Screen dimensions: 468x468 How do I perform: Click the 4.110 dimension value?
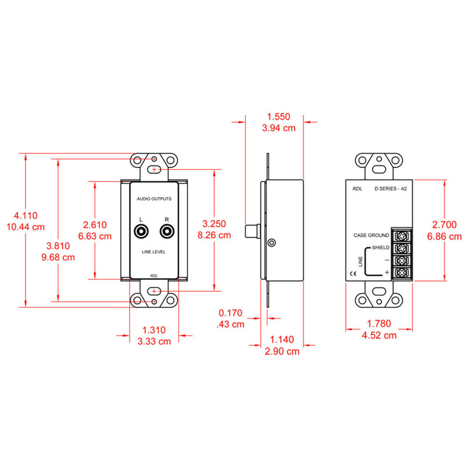click(25, 216)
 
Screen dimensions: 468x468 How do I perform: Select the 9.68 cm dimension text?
click(58, 257)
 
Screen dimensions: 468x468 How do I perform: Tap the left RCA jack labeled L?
click(141, 231)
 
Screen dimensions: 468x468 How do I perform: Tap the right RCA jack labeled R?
click(167, 231)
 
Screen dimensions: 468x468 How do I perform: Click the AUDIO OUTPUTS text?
click(154, 199)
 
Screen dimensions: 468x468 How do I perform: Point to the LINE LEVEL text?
click(154, 252)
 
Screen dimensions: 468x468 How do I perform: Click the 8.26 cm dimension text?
click(214, 235)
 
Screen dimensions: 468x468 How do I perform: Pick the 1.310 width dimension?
click(154, 330)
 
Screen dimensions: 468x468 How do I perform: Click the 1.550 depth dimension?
click(278, 117)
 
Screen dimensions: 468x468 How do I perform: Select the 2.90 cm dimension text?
click(281, 351)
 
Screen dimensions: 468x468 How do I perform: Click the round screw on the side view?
click(272, 242)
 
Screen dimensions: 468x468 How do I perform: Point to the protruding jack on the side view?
click(253, 231)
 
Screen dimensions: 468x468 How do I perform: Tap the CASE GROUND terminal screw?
click(402, 235)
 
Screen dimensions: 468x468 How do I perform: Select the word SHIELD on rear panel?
click(380, 248)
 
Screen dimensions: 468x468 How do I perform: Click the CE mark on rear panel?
click(351, 275)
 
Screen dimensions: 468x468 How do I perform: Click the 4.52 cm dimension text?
click(380, 335)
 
